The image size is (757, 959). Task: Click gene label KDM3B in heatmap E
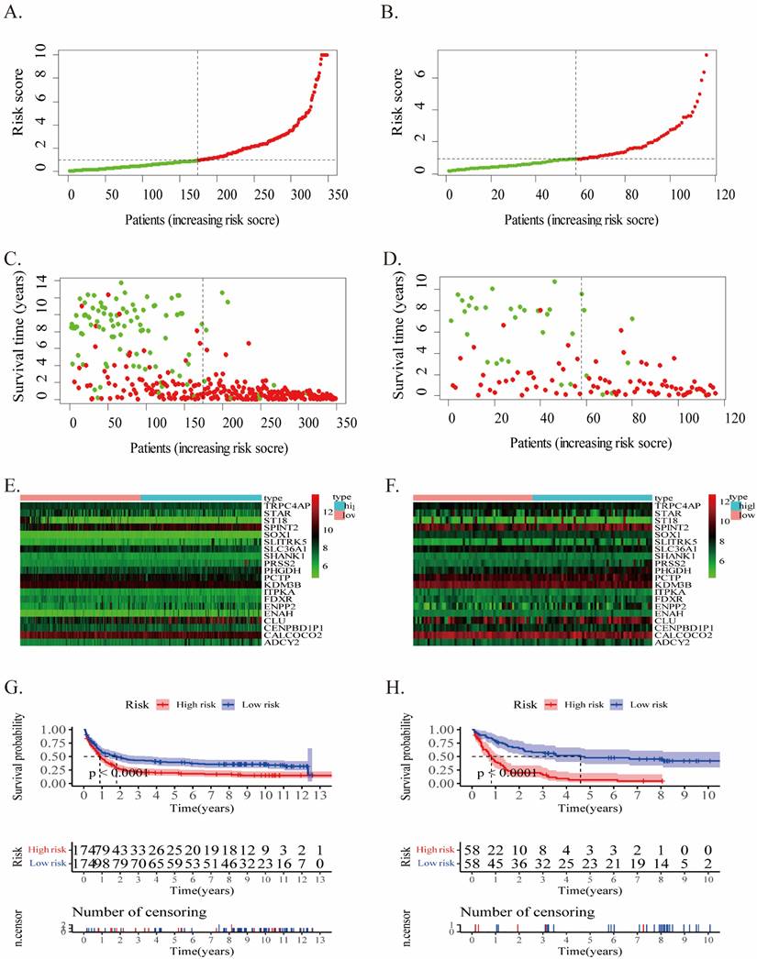[278, 583]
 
